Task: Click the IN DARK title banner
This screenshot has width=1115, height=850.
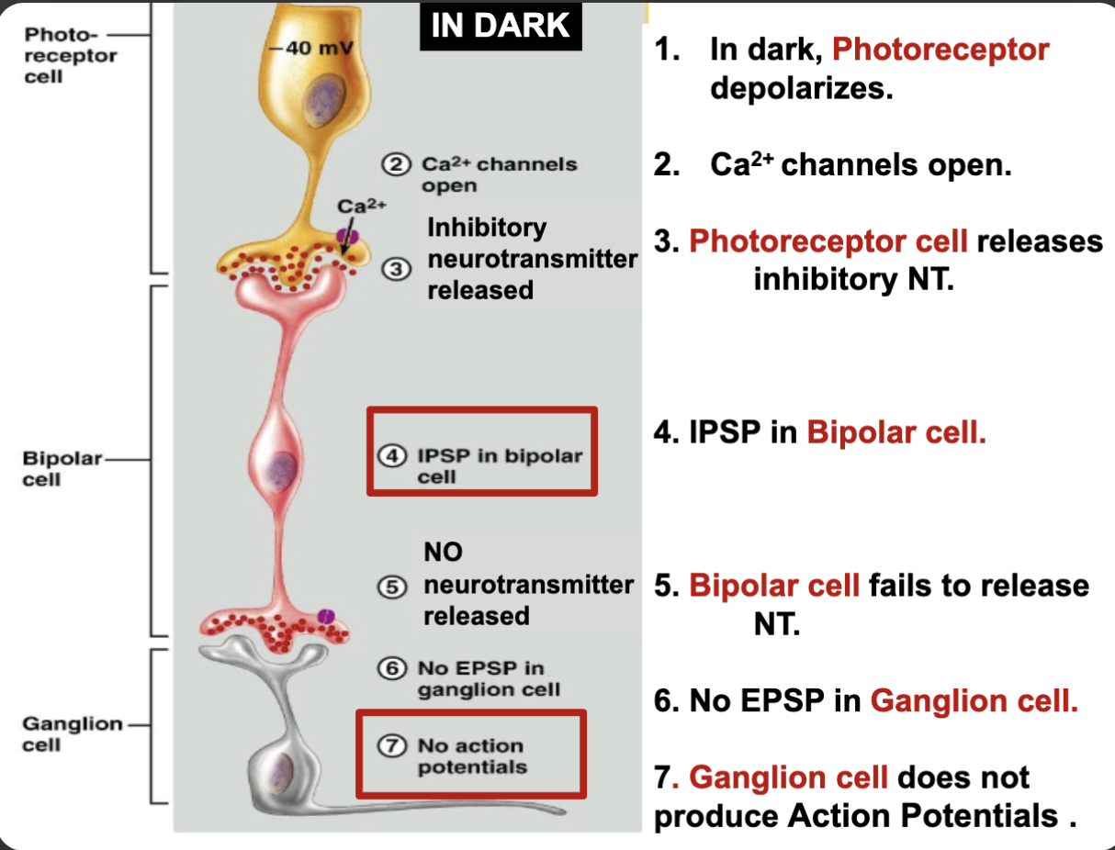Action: tap(501, 25)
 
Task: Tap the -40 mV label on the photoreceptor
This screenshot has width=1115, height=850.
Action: tap(312, 48)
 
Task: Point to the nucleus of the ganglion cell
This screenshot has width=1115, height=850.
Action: tap(281, 767)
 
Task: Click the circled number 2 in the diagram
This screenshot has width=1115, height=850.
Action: tap(395, 165)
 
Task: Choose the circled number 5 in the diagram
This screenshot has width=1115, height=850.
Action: tap(395, 587)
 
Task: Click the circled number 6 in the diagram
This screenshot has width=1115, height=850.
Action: tap(395, 669)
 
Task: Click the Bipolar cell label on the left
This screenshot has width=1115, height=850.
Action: tap(62, 467)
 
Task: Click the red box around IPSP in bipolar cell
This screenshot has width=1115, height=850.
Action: tap(482, 452)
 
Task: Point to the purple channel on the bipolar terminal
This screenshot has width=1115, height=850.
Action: tap(325, 615)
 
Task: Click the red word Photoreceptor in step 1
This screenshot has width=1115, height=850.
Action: tap(940, 50)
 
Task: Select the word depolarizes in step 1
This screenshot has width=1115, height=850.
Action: tap(801, 89)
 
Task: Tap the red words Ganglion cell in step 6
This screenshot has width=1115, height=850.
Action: tap(974, 701)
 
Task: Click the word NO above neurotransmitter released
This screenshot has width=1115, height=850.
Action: tap(443, 552)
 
